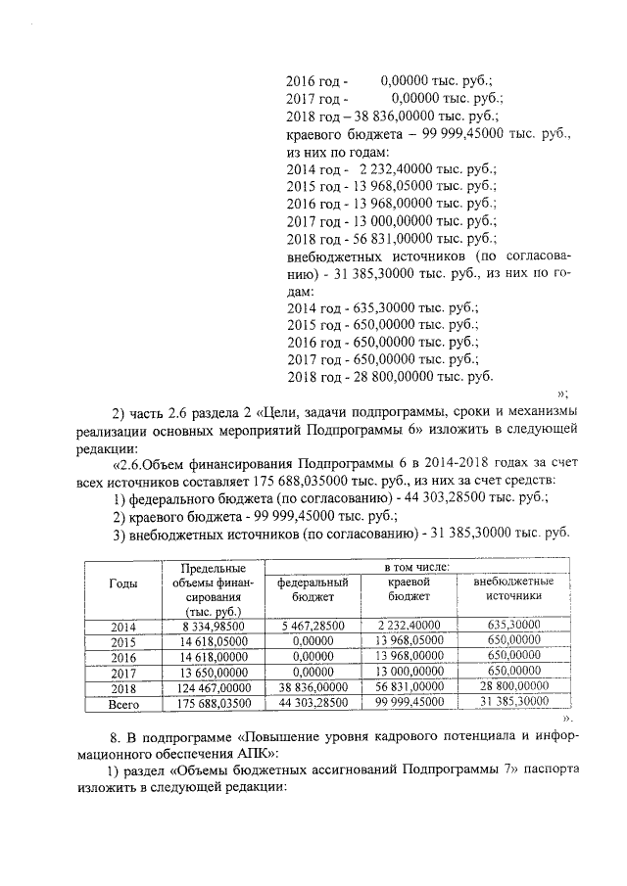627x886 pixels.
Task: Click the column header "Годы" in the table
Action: [x=122, y=583]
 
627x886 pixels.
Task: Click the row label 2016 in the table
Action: [x=122, y=656]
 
